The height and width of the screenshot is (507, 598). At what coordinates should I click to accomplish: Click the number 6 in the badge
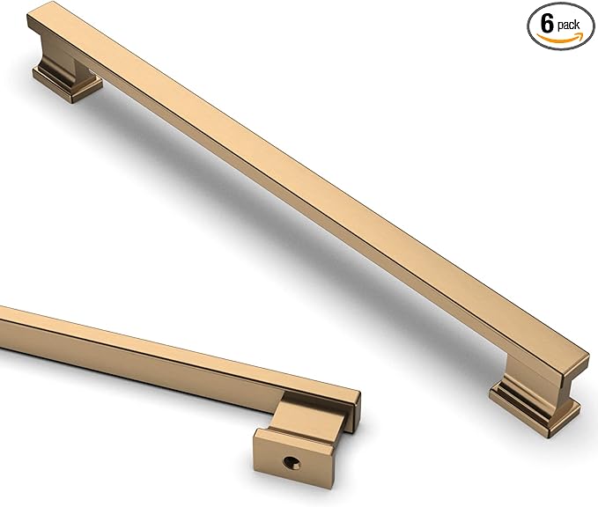point(547,24)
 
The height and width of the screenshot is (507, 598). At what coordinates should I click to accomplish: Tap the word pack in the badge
point(568,25)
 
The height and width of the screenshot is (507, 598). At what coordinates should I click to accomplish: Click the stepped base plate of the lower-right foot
point(534,408)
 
